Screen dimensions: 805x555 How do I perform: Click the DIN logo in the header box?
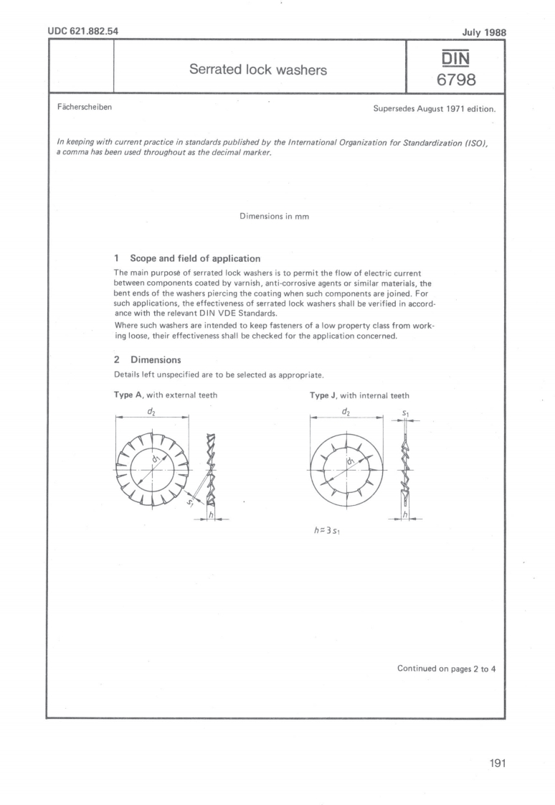click(456, 56)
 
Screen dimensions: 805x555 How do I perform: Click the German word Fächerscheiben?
click(84, 109)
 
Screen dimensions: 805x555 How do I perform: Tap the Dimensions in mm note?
click(275, 217)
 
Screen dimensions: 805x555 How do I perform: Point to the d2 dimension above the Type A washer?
click(151, 411)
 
